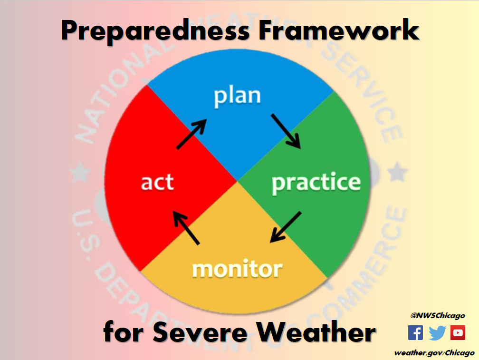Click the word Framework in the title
(339, 29)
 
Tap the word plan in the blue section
(237, 97)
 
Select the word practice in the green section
(316, 183)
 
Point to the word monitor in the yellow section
(237, 269)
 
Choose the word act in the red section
(157, 182)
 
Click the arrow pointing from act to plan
(192, 134)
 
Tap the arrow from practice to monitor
(286, 227)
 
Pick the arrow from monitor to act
(186, 228)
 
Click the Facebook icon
(415, 333)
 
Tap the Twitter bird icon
(437, 333)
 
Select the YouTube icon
(458, 333)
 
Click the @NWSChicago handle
(438, 316)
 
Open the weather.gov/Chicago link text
(434, 353)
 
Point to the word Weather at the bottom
(316, 332)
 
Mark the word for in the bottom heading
(124, 331)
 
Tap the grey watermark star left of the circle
(80, 172)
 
